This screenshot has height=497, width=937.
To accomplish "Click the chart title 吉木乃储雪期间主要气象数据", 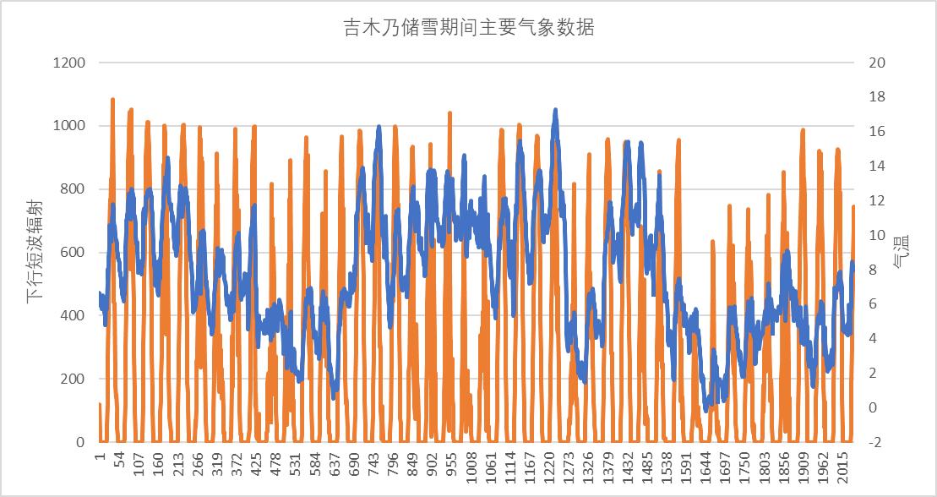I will pos(467,28).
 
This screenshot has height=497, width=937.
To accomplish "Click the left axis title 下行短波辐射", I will pos(34,253).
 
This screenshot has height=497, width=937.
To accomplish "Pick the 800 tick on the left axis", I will pos(72,189).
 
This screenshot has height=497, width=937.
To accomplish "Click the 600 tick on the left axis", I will pos(72,253).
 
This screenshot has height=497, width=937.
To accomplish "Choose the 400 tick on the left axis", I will pos(72,316).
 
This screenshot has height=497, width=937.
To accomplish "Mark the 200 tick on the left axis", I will pos(72,380).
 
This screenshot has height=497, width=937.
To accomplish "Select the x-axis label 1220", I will pos(553,467).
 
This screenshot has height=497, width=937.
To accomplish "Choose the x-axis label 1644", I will pos(710,467).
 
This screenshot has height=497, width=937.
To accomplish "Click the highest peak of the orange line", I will pos(112,100).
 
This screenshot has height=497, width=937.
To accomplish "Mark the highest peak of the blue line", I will pos(555,110).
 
